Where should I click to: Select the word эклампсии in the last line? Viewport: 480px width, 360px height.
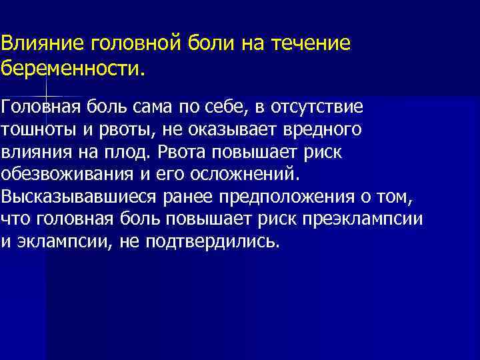click(x=63, y=241)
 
